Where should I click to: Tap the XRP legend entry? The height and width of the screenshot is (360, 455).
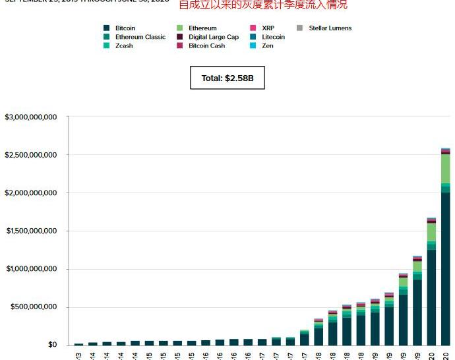pyautogui.click(x=268, y=28)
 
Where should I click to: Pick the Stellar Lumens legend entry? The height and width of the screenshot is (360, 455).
pyautogui.click(x=330, y=28)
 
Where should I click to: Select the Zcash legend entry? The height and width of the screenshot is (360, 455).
pyautogui.click(x=124, y=46)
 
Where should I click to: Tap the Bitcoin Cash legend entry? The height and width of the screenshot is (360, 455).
pyautogui.click(x=206, y=46)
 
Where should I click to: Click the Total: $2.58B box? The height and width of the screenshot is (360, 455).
pyautogui.click(x=227, y=78)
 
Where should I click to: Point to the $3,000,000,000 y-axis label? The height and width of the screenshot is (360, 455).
pyautogui.click(x=31, y=117)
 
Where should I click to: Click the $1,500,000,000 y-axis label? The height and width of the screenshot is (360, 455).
pyautogui.click(x=31, y=231)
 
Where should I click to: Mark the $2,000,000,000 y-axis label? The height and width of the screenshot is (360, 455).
pyautogui.click(x=31, y=193)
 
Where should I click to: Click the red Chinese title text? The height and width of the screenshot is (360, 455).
pyautogui.click(x=262, y=5)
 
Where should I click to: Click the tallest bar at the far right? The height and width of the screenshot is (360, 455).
pyautogui.click(x=446, y=264)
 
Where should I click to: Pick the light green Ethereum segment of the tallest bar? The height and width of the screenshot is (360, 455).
pyautogui.click(x=446, y=169)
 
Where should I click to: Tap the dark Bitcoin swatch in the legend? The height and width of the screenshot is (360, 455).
pyautogui.click(x=107, y=28)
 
